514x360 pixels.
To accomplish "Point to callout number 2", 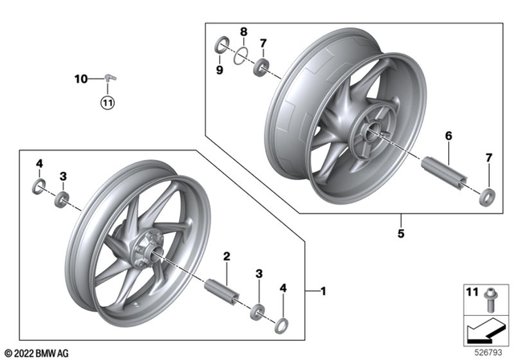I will coord(227,256).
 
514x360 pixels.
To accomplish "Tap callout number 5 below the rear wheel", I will coord(399,235).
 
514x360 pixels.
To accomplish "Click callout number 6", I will coord(449,137).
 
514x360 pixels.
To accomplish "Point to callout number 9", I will coord(220,71).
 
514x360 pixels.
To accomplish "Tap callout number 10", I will coord(80,79).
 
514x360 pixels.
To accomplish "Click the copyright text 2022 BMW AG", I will coord(38,352).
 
